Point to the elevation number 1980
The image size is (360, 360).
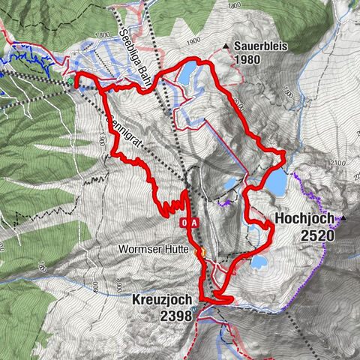tap(247, 59)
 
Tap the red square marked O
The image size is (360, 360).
tap(184, 223)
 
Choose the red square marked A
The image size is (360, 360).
tap(194, 223)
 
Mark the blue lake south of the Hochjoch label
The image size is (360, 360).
tap(259, 262)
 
